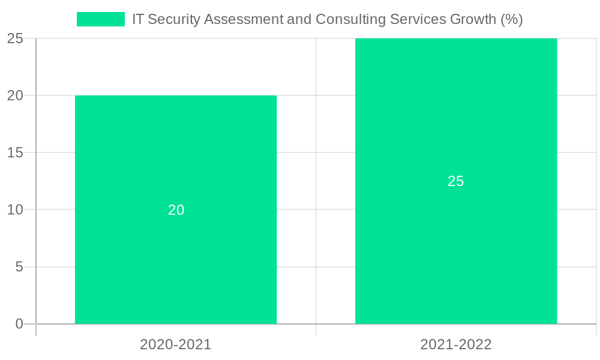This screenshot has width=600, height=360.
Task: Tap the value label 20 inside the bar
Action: click(x=176, y=210)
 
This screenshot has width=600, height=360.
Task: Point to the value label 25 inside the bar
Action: click(x=456, y=181)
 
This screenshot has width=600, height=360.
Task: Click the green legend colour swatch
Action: click(x=100, y=19)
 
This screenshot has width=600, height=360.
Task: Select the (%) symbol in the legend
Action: click(x=512, y=19)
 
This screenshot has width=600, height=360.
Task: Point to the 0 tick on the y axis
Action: click(x=19, y=324)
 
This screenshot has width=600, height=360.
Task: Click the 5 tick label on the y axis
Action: click(x=19, y=267)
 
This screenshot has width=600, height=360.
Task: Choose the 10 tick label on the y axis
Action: click(x=15, y=210)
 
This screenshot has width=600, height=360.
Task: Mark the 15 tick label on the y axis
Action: click(x=15, y=152)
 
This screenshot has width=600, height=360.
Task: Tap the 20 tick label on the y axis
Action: click(x=15, y=95)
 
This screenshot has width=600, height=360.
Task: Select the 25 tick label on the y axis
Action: click(x=15, y=38)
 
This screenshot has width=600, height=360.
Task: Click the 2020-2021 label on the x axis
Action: click(x=176, y=344)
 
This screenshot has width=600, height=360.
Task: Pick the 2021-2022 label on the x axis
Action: click(x=456, y=344)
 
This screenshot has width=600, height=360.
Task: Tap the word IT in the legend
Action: click(x=138, y=19)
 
